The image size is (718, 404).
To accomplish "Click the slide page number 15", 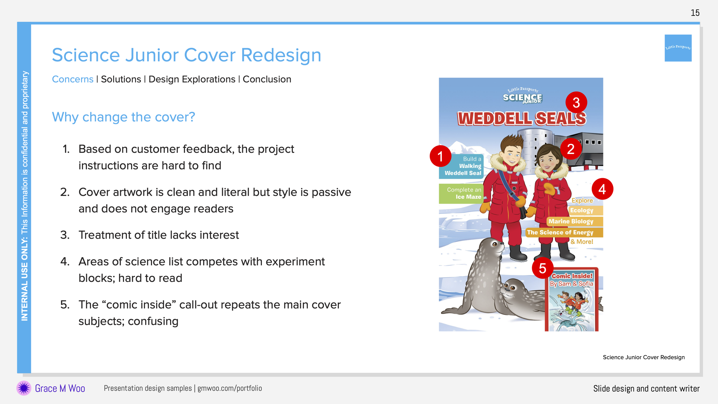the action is point(695,13).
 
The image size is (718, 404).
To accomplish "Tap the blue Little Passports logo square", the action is point(678,48).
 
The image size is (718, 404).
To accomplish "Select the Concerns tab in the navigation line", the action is point(73,79).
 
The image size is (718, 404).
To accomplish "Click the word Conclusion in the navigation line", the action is point(267,79).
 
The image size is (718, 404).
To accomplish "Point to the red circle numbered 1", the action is point(440,156).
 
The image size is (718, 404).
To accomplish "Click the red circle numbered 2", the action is point(571,149).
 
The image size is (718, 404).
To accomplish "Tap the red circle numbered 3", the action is point(576,103).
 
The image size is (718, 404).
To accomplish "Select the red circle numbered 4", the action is point(602,189).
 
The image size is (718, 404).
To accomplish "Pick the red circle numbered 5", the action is point(543,268).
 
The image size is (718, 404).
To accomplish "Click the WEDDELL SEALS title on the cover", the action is point(522,119).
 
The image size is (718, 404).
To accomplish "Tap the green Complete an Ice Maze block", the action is point(461,194).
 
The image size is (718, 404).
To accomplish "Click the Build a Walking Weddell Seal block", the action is point(461,166).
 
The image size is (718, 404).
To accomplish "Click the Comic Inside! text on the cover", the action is point(572,276).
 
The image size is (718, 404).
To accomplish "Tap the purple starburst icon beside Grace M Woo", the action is point(24,388).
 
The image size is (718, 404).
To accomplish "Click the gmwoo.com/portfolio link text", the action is point(229,388).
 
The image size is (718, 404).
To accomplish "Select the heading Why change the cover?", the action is point(123,117).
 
